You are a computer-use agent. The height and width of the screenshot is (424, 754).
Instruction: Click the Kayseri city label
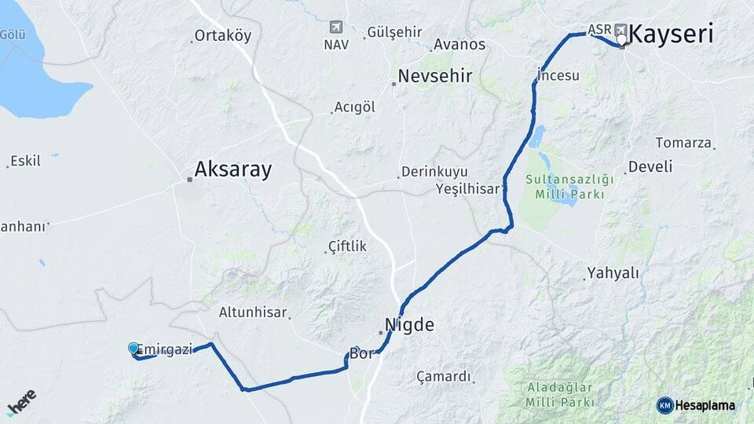tap(672, 35)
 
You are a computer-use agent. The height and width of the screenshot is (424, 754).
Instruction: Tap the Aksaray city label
tap(232, 169)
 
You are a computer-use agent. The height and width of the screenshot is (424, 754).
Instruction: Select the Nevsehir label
tap(434, 76)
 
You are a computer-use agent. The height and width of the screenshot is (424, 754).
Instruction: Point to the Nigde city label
tap(408, 324)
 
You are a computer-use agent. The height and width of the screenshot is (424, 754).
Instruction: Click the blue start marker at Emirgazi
tap(134, 349)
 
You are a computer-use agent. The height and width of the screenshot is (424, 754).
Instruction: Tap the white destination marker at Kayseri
tap(622, 38)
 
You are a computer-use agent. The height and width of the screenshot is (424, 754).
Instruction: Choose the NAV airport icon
tap(336, 27)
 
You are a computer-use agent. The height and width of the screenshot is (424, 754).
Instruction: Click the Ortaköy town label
tap(222, 35)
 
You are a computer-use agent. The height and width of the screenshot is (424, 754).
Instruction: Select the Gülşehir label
tap(394, 33)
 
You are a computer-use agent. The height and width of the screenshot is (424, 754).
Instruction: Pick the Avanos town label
tap(459, 44)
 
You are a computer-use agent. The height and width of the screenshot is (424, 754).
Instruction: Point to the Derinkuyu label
tap(434, 171)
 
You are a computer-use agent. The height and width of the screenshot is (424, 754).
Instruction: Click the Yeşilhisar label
tap(467, 188)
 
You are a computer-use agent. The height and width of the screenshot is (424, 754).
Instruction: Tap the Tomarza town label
tap(684, 144)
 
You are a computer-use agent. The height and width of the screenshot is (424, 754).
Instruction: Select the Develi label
tap(650, 166)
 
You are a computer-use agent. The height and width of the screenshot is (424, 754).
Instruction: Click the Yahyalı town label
tap(613, 273)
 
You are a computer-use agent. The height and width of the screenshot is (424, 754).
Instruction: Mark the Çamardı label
tap(445, 376)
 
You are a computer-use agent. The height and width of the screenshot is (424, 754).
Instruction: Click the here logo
tap(21, 402)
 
